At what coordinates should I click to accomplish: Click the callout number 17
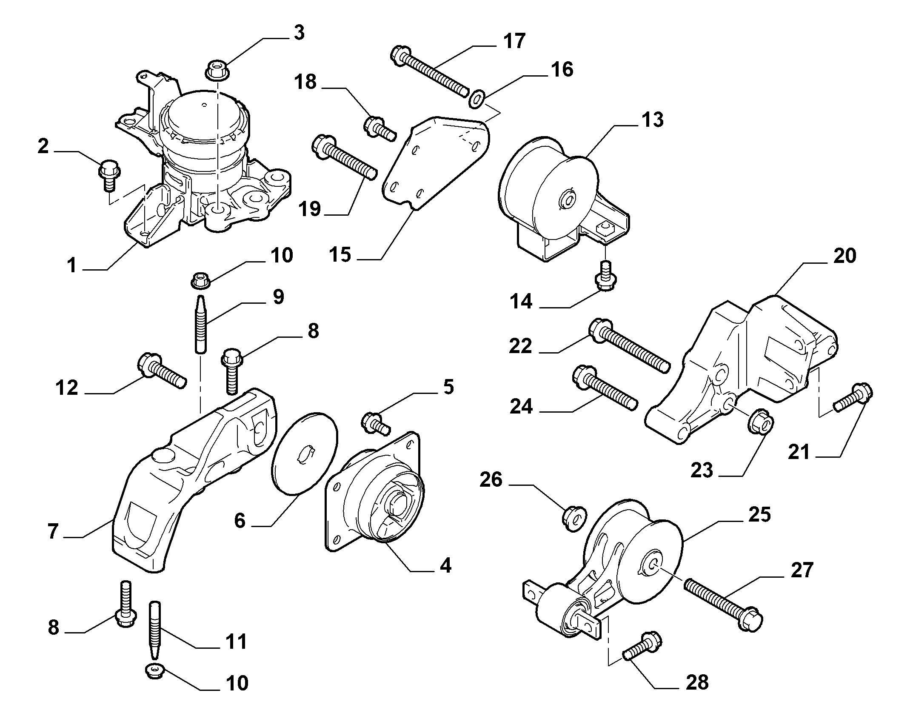(514, 41)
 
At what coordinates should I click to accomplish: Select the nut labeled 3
(217, 70)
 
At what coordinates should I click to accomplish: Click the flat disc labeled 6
(304, 453)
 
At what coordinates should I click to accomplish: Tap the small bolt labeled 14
(606, 275)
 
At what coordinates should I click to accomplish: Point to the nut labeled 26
(574, 519)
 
